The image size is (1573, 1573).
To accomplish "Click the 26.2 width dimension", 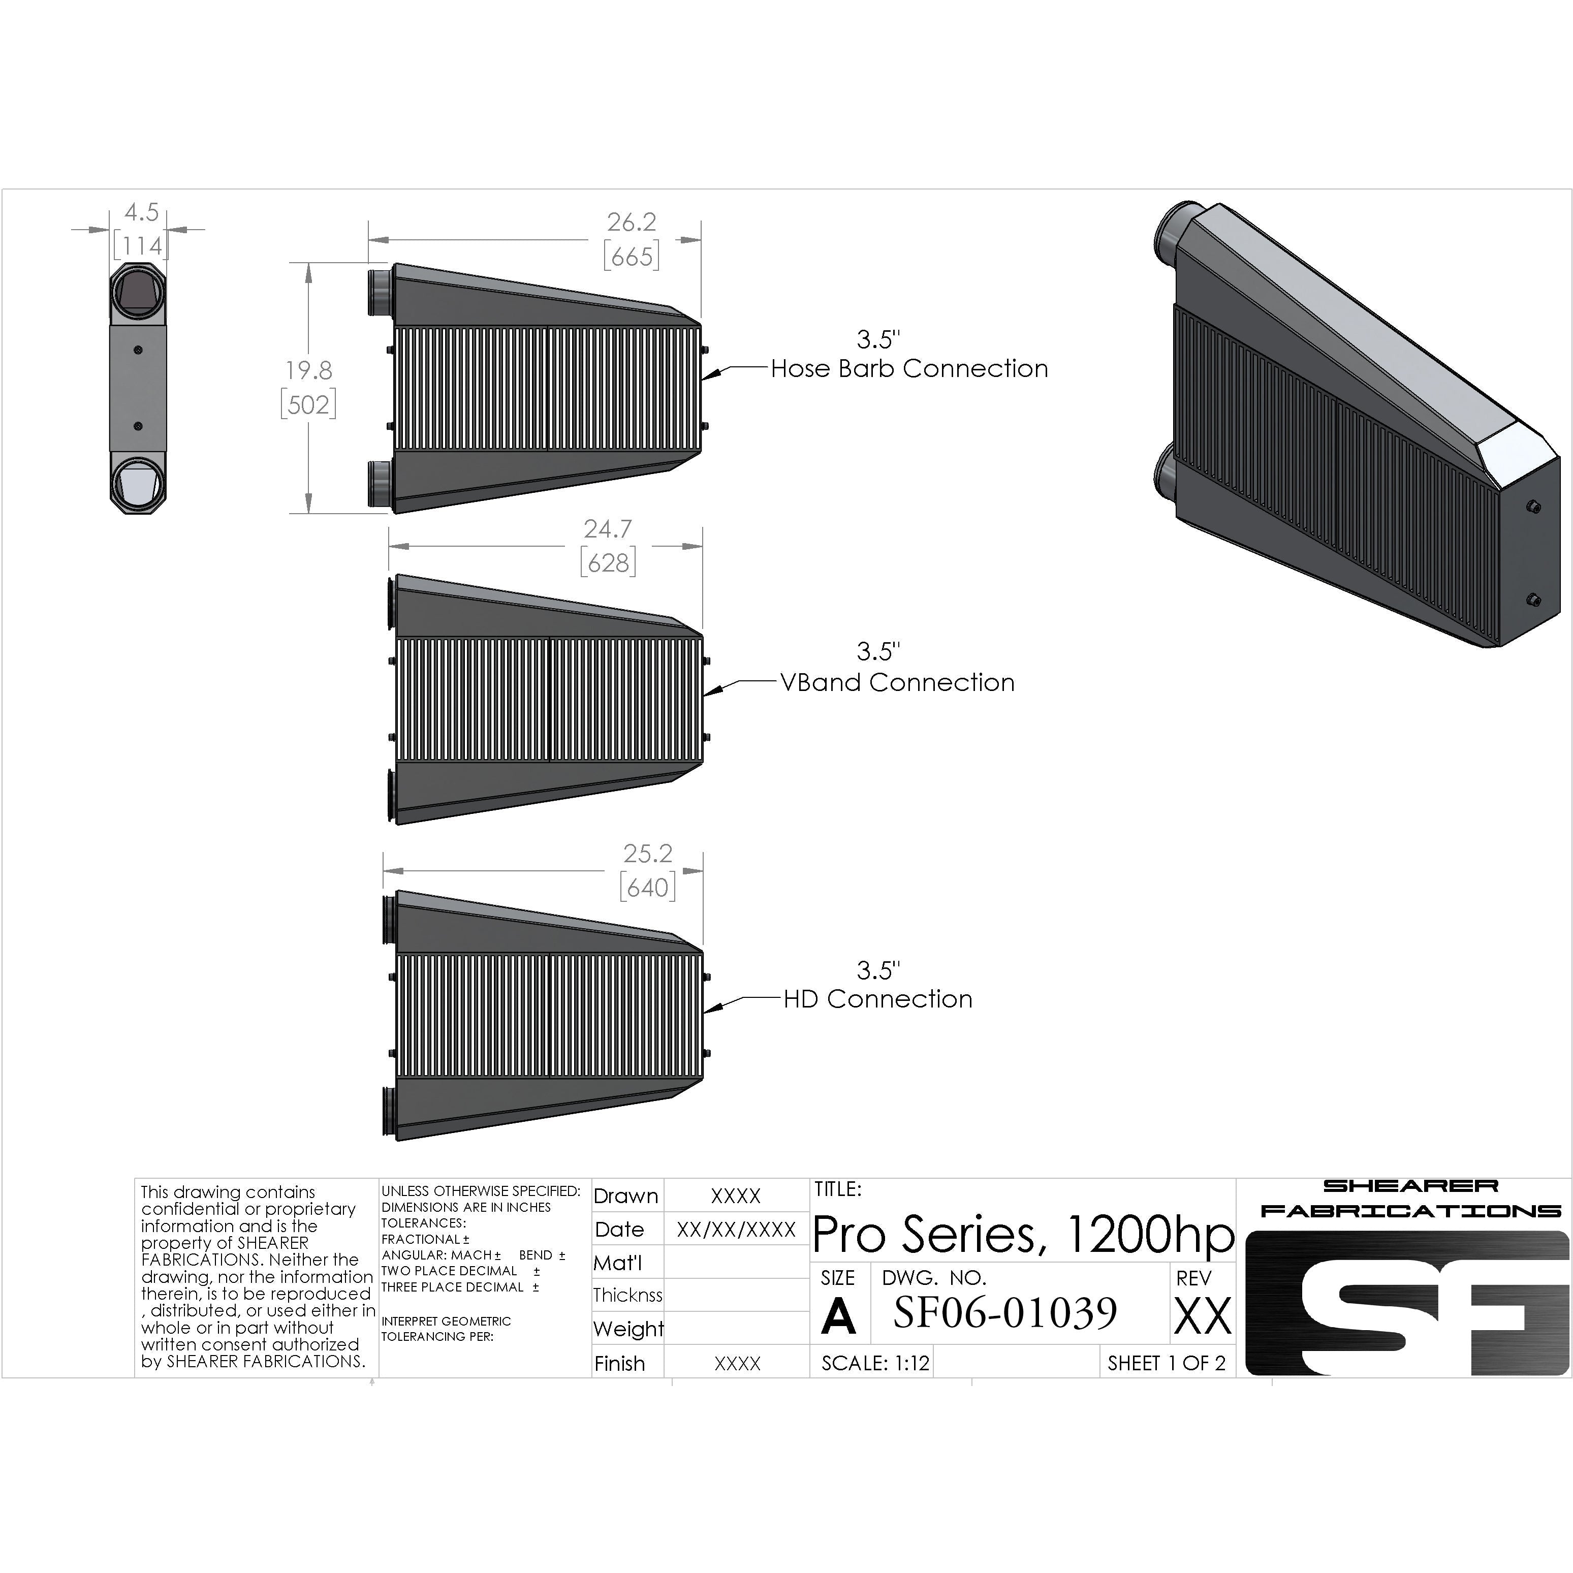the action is (631, 222).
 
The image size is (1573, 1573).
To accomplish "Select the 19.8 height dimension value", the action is (308, 370).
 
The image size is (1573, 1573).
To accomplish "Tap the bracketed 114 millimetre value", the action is (141, 245).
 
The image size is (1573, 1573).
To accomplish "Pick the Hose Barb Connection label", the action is (909, 369).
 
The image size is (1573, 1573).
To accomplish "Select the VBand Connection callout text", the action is (897, 682).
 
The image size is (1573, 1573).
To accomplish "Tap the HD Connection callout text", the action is (877, 999).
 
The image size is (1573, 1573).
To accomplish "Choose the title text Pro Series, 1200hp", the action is (1023, 1234).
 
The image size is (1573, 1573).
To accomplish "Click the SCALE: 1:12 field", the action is (875, 1363).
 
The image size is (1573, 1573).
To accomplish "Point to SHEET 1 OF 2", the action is (1166, 1363).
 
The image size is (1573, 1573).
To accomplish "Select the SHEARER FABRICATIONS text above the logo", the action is (1410, 1199).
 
